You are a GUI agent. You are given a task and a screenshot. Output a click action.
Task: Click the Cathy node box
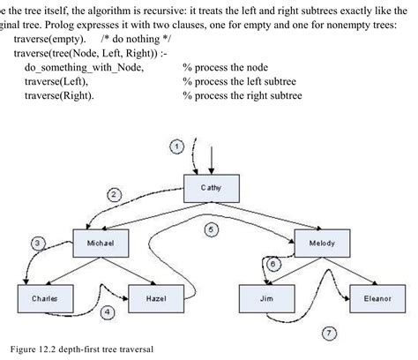pos(212,188)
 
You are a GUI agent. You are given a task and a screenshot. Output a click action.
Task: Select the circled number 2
pos(114,193)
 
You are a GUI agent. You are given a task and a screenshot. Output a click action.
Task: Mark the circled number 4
pos(107,311)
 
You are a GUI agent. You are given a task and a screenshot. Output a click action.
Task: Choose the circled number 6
pos(272,263)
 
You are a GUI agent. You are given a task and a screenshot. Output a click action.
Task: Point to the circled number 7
pos(328,334)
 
